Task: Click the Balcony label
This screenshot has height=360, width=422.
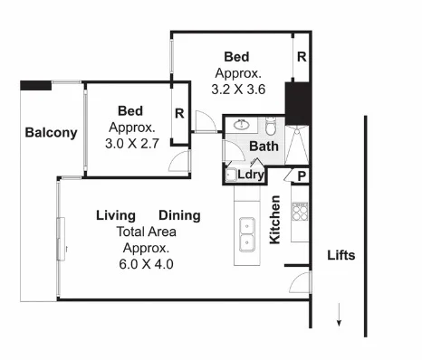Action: pyautogui.click(x=51, y=133)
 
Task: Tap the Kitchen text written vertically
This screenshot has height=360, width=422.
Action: pyautogui.click(x=273, y=220)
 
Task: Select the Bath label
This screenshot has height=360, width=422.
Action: pyautogui.click(x=264, y=146)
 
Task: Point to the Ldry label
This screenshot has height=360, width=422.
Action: pyautogui.click(x=250, y=175)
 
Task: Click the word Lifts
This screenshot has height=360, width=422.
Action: pyautogui.click(x=340, y=255)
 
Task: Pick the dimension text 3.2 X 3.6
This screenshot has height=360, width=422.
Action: pyautogui.click(x=238, y=90)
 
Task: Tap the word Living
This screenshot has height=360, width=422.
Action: pyautogui.click(x=116, y=215)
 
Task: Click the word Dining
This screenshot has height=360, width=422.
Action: pyautogui.click(x=180, y=215)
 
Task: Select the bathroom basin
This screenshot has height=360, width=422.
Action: pyautogui.click(x=241, y=125)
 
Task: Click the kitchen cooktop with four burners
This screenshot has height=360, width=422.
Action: pyautogui.click(x=301, y=214)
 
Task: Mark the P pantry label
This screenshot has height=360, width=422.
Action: pyautogui.click(x=299, y=176)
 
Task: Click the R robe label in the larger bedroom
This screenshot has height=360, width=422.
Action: pyautogui.click(x=300, y=56)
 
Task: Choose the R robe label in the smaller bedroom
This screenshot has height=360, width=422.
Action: pyautogui.click(x=179, y=114)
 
